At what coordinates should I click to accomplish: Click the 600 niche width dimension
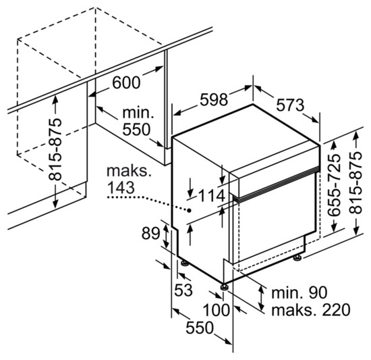[x=126, y=82]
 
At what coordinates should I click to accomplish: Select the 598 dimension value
[x=214, y=99]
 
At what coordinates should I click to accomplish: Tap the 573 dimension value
[x=290, y=105]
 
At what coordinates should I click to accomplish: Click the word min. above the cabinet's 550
[x=138, y=113]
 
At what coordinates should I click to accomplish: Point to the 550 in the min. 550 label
[x=136, y=129]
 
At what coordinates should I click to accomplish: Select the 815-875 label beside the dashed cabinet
[x=55, y=149]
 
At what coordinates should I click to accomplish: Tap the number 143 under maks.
[x=121, y=188]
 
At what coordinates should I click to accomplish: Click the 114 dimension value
[x=211, y=196]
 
